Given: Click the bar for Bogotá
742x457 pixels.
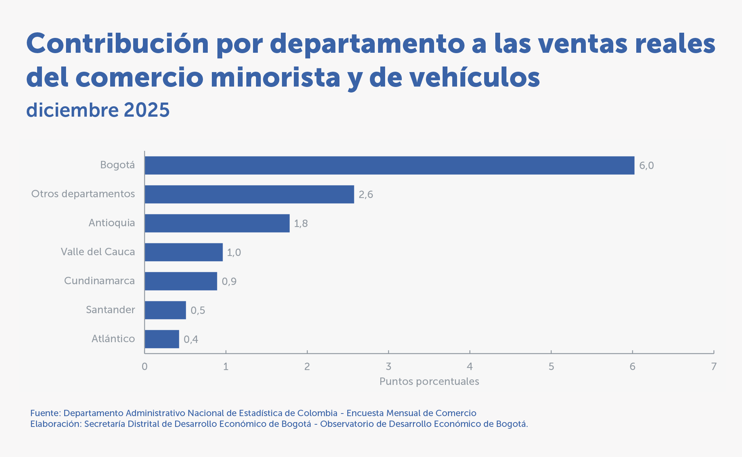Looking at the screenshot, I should (390, 165).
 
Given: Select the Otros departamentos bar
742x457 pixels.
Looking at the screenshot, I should (249, 194).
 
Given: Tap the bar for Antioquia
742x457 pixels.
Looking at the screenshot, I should (217, 223).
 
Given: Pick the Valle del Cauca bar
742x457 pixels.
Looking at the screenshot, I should (184, 252).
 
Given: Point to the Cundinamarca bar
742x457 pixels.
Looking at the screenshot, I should (181, 281).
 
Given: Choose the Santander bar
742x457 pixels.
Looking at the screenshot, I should (165, 310).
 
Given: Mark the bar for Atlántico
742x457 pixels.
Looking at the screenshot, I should (162, 339).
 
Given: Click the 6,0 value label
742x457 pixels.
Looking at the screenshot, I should (646, 166).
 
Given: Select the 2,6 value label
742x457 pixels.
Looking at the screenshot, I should (366, 195).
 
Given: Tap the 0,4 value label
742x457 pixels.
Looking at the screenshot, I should (191, 340).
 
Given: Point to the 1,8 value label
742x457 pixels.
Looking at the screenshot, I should (301, 224).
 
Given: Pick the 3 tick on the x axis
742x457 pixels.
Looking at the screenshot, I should (388, 367).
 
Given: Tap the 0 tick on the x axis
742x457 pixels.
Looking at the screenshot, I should (144, 367).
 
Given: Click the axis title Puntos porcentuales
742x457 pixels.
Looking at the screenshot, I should (429, 382).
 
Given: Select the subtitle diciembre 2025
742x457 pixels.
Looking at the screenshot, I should (98, 110).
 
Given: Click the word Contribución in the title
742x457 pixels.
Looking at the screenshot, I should (118, 44).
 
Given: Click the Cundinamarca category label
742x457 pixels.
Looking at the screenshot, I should (99, 281).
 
